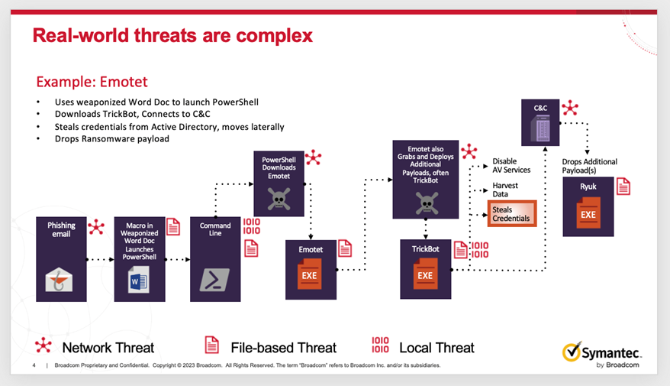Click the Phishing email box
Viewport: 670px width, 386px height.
[61, 258]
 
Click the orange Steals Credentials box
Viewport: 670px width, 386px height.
[512, 213]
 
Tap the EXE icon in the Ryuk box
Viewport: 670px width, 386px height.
[588, 216]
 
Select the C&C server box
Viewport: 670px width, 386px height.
[542, 122]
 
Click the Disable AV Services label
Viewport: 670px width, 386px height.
[511, 166]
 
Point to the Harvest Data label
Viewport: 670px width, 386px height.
[505, 190]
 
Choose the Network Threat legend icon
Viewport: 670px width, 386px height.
[44, 345]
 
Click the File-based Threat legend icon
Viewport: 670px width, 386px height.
[211, 345]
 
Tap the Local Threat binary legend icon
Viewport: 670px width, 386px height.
[380, 345]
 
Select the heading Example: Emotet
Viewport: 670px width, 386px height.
[92, 82]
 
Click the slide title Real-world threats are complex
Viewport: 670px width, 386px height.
[172, 35]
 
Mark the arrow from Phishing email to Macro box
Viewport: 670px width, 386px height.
[100, 260]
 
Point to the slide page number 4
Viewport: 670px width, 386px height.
[34, 365]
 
